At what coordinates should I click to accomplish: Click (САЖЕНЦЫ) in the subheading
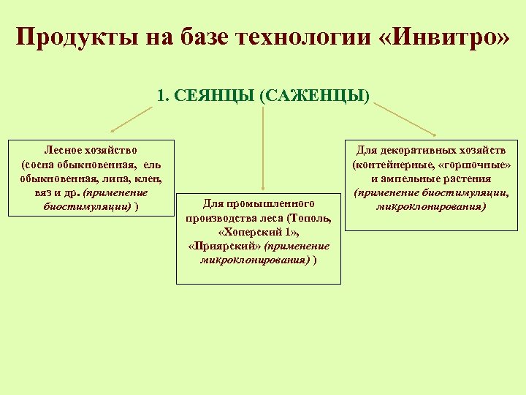[314, 96]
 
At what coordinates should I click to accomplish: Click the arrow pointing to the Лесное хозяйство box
[131, 118]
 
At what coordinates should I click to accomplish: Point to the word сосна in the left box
[42, 164]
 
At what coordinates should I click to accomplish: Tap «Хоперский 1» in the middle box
[259, 232]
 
